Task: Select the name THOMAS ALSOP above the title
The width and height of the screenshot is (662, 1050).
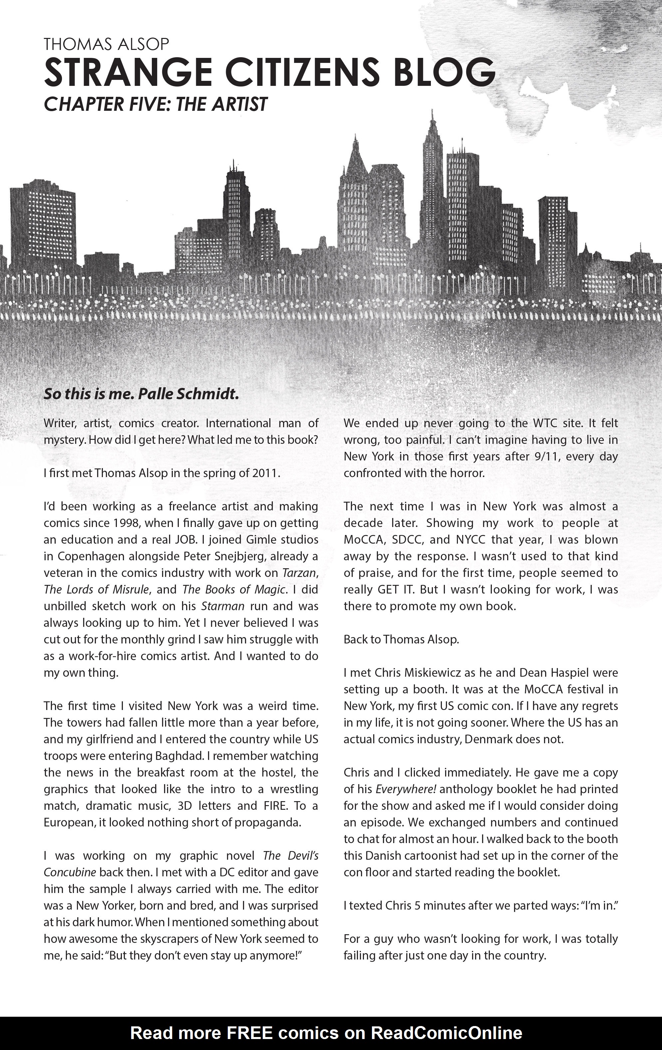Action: (x=106, y=44)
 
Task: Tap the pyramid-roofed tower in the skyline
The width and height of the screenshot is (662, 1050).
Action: (x=356, y=157)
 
